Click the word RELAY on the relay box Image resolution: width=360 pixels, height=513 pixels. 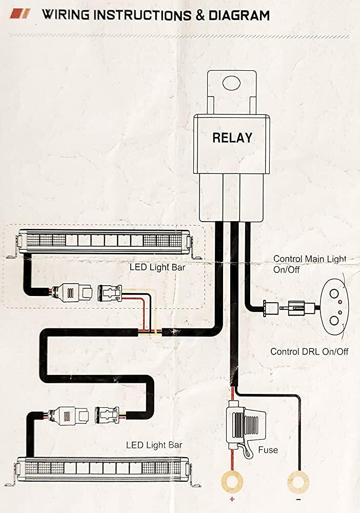pyautogui.click(x=232, y=137)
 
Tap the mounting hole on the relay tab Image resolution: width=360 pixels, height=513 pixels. pyautogui.click(x=231, y=83)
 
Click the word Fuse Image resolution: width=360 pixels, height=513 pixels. pyautogui.click(x=268, y=450)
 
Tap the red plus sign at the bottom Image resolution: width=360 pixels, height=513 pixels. pyautogui.click(x=232, y=499)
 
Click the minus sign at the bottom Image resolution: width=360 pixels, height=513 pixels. pyautogui.click(x=298, y=500)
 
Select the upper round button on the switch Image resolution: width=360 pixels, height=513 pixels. pyautogui.click(x=334, y=293)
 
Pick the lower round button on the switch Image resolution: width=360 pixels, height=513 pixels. pyautogui.click(x=334, y=320)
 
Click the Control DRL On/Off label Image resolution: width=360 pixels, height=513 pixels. pyautogui.click(x=309, y=352)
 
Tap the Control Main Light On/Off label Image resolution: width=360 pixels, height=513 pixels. pyautogui.click(x=310, y=264)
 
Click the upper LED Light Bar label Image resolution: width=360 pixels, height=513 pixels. pyautogui.click(x=157, y=267)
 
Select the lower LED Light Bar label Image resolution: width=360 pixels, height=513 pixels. pyautogui.click(x=154, y=445)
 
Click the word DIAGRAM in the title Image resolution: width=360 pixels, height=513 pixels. pyautogui.click(x=239, y=15)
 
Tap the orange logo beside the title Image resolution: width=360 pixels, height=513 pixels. pyautogui.click(x=20, y=14)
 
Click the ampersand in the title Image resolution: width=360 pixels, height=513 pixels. pyautogui.click(x=199, y=15)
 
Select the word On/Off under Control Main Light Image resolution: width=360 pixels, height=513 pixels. pyautogui.click(x=287, y=270)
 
